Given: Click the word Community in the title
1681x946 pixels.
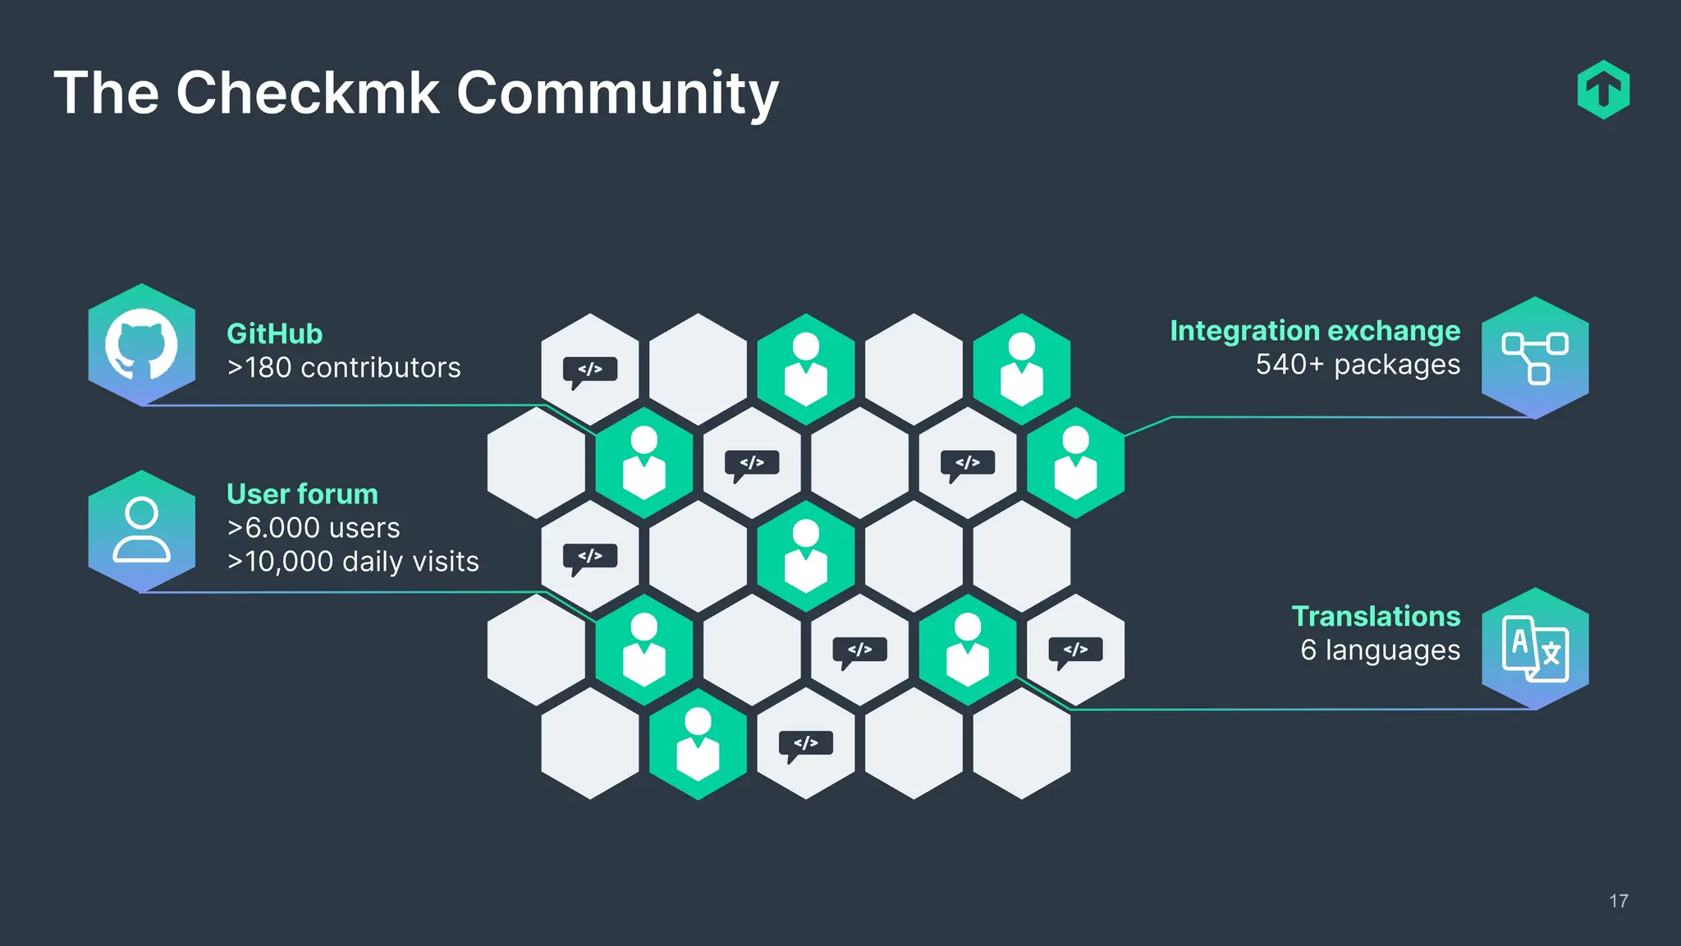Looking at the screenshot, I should coord(616,94).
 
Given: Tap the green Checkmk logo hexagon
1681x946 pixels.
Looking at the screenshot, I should coord(1603,90).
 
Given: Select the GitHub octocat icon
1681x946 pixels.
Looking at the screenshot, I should coord(141,344).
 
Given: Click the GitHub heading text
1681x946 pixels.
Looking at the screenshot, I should coord(274,333).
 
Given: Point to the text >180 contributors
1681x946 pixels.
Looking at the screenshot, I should coord(344,367).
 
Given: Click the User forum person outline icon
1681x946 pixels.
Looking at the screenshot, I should coord(141,530).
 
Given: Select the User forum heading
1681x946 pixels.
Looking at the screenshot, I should coord(302,494).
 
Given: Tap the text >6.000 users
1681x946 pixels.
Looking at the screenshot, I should coord(314,527).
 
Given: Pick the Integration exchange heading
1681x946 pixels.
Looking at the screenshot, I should coord(1314,330).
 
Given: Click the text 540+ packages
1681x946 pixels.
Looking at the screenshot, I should coord(1358,364).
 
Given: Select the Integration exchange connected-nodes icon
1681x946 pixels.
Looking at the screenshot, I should coord(1535,357).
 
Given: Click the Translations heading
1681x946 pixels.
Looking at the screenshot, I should coord(1376,616).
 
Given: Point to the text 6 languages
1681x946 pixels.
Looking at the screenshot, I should coord(1380,650).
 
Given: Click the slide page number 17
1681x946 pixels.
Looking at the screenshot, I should coord(1619,901).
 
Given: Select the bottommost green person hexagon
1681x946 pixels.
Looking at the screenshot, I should coord(698,744).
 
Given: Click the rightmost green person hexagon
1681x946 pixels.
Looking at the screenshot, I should coord(1075,463).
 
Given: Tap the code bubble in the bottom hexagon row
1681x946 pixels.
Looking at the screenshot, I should coord(805,744).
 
